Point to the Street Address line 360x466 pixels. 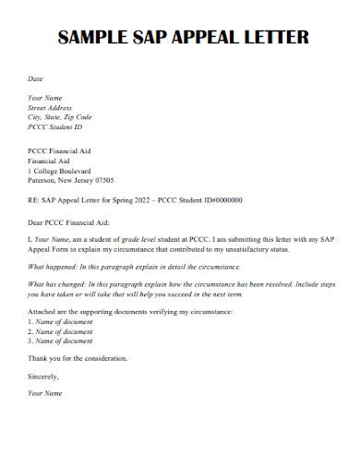tap(51, 107)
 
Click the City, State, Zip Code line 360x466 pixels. tap(61, 116)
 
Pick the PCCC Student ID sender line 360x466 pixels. tap(56, 126)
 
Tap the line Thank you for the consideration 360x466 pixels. tap(78, 357)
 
